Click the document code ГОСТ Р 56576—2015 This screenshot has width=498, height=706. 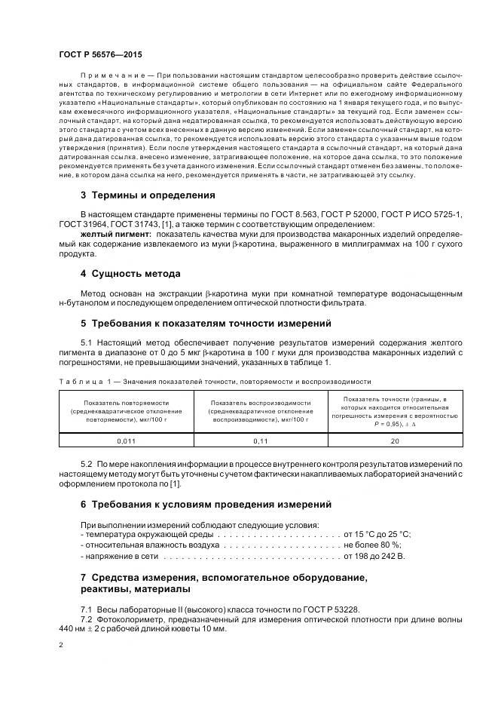[x=99, y=55]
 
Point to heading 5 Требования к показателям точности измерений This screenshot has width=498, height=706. [x=206, y=323]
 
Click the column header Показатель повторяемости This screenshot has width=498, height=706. [x=126, y=411]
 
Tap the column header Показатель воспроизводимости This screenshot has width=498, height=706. [x=261, y=411]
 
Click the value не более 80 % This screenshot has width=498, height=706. [x=373, y=544]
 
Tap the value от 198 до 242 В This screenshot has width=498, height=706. [x=374, y=556]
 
